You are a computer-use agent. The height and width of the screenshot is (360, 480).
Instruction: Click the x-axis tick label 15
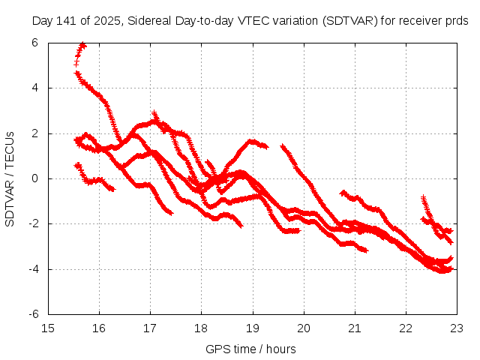point(47,328)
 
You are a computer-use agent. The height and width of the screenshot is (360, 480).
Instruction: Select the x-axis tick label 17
point(150,328)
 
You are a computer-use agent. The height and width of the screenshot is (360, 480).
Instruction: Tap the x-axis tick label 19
point(253,328)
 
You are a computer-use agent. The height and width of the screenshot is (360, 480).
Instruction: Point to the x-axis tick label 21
point(355,328)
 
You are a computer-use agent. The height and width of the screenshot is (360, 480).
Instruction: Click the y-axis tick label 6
point(35,43)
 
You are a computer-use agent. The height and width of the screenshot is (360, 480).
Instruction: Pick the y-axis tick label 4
point(35,88)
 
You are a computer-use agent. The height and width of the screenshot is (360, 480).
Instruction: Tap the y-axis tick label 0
point(35,178)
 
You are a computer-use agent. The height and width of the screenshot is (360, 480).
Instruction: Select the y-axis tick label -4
point(33,269)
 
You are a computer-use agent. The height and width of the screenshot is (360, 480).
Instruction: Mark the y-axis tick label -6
point(33,314)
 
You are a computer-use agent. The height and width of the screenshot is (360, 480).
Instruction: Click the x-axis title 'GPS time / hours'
point(250,349)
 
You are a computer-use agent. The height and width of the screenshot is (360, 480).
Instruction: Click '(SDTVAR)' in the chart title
point(347,20)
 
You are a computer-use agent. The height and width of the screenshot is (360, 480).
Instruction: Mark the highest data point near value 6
point(82,45)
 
